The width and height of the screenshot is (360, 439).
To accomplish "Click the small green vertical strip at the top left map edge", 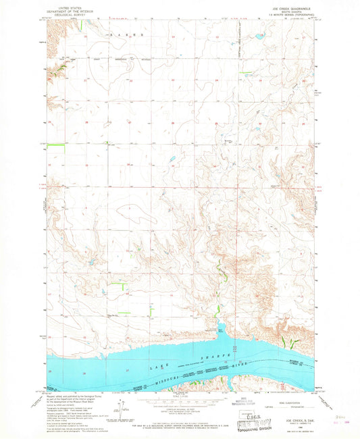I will click(x=82, y=26).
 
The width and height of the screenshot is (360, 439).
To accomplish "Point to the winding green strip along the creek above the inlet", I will click(x=220, y=274).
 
